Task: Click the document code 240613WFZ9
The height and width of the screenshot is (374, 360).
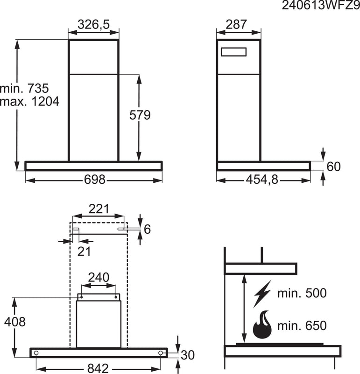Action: point(321,7)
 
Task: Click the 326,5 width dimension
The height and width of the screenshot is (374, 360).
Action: point(93,25)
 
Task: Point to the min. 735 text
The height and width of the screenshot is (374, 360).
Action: point(24,88)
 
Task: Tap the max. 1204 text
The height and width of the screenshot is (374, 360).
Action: point(30,101)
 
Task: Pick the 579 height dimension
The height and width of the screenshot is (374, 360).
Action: point(140,115)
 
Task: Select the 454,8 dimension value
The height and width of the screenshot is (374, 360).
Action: point(262,180)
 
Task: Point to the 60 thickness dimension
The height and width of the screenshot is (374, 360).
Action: point(333,166)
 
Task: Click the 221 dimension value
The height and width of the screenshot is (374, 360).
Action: point(99,209)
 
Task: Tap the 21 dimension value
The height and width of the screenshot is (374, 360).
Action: point(84,251)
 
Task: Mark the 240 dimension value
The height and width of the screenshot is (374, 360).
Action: point(99,277)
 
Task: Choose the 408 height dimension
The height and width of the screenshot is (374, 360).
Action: point(14,322)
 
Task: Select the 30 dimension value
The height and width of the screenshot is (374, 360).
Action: point(188,355)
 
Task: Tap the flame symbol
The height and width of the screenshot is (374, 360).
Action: point(262,325)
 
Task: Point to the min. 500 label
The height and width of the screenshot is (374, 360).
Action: point(302,294)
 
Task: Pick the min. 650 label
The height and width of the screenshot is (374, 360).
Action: point(302,325)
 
